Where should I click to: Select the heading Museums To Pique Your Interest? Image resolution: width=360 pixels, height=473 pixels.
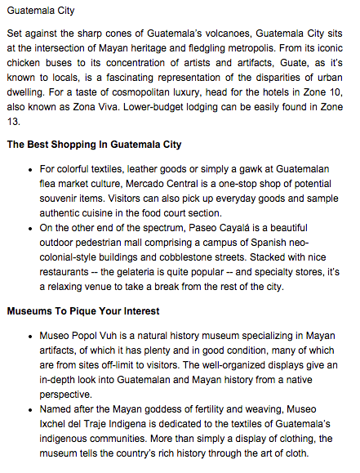click(84, 310)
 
